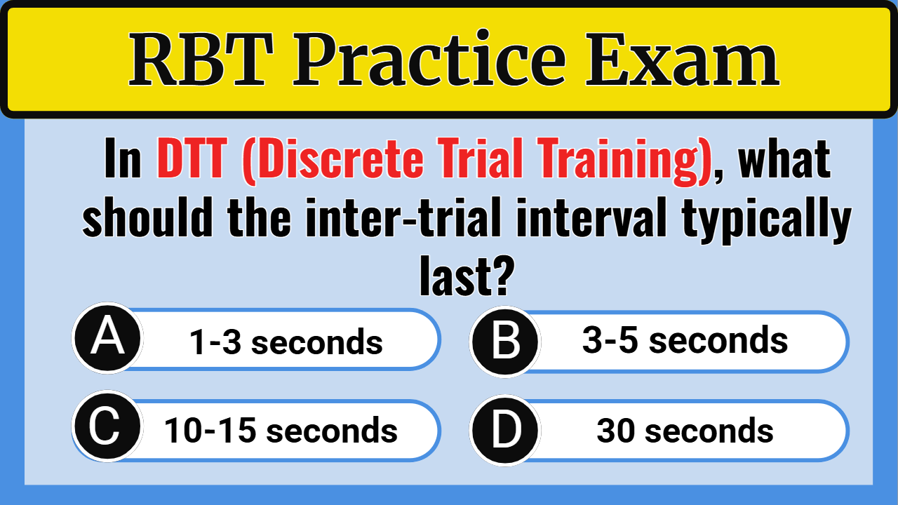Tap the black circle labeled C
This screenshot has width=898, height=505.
[106, 429]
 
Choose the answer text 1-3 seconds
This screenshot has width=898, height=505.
[286, 342]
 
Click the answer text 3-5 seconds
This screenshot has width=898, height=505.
[685, 341]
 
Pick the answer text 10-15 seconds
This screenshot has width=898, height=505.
[281, 430]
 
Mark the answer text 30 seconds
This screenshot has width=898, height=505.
[685, 431]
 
